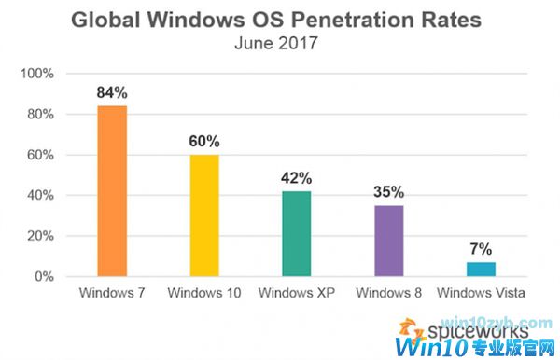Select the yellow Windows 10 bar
(x=203, y=215)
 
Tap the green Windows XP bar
(x=296, y=233)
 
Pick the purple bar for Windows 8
(x=388, y=241)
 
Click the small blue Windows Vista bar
(x=481, y=270)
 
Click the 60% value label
(x=203, y=142)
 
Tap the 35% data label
(x=388, y=192)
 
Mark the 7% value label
(x=481, y=249)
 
